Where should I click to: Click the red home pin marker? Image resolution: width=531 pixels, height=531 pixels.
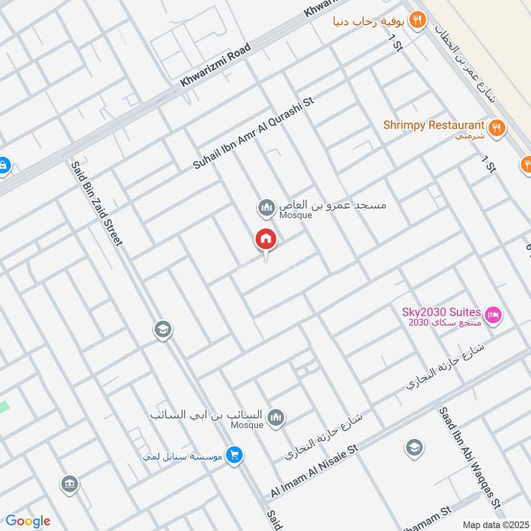coord(266,240)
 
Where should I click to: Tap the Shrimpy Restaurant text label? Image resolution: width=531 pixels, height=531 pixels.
coord(434,125)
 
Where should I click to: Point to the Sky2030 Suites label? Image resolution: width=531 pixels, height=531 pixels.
coord(441,311)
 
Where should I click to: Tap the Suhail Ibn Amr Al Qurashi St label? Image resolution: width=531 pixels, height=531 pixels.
coord(253,133)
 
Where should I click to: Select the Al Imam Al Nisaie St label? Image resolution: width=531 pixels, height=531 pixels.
coord(314,472)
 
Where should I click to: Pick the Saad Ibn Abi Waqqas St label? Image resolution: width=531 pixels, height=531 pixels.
coord(473,465)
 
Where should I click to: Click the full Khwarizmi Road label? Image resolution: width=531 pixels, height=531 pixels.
coord(216,66)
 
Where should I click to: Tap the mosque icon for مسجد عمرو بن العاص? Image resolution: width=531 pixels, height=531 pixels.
coord(266,208)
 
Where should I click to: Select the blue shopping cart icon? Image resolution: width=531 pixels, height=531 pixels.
coord(234,455)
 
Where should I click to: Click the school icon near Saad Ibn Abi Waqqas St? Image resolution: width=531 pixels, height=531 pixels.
coord(414,447)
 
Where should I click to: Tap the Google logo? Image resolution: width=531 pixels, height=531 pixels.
coord(27,521)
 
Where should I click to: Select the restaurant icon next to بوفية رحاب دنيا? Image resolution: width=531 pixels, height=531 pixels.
coord(417,20)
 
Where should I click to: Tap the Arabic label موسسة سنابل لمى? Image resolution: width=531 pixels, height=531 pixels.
coord(184,457)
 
